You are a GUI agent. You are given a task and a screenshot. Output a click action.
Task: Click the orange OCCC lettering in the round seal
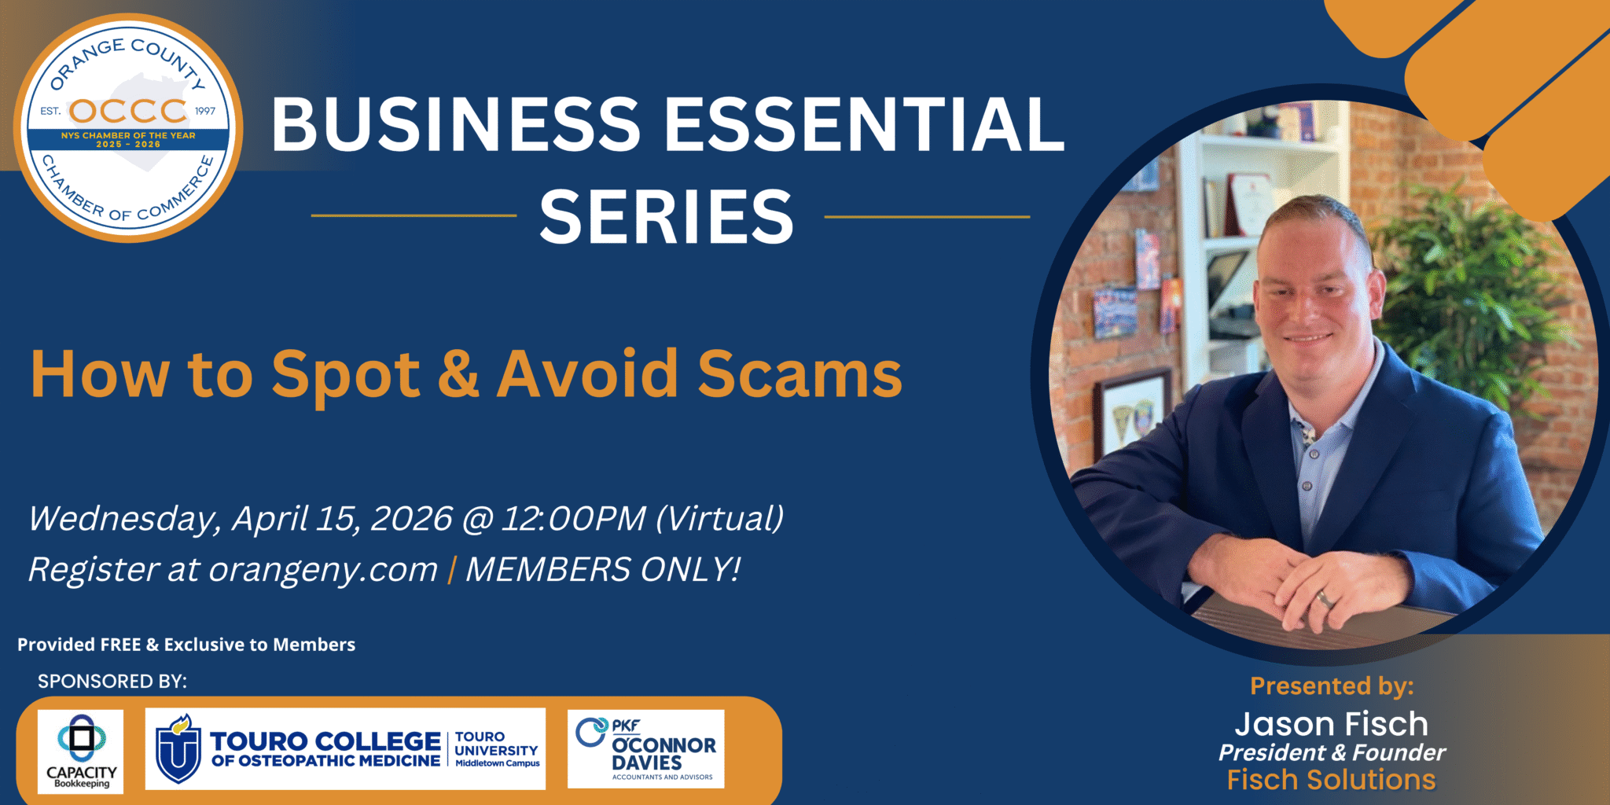click(128, 111)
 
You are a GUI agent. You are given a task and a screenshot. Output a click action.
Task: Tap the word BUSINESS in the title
click(456, 124)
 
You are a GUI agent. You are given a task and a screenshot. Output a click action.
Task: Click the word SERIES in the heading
click(667, 217)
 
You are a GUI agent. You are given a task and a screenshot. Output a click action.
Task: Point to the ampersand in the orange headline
click(458, 373)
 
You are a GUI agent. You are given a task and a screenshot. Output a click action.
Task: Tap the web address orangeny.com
click(323, 571)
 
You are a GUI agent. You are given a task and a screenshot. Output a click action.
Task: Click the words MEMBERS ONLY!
click(603, 569)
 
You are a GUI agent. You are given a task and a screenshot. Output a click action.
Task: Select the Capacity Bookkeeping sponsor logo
click(81, 752)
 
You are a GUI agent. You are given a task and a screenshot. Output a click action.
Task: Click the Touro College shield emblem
click(178, 749)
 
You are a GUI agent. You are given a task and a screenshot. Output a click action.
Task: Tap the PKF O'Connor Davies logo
click(645, 749)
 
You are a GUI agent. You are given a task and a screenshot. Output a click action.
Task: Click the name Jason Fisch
click(1332, 724)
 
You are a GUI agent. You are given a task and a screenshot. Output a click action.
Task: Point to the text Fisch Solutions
click(1332, 780)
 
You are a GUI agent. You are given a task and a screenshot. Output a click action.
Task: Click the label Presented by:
click(1332, 686)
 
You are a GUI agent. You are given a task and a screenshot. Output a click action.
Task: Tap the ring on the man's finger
click(1324, 598)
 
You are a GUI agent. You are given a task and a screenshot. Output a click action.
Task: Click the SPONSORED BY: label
click(112, 682)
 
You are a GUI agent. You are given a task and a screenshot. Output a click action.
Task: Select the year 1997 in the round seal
click(205, 111)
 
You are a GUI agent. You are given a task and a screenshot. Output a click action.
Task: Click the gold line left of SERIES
click(414, 215)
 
